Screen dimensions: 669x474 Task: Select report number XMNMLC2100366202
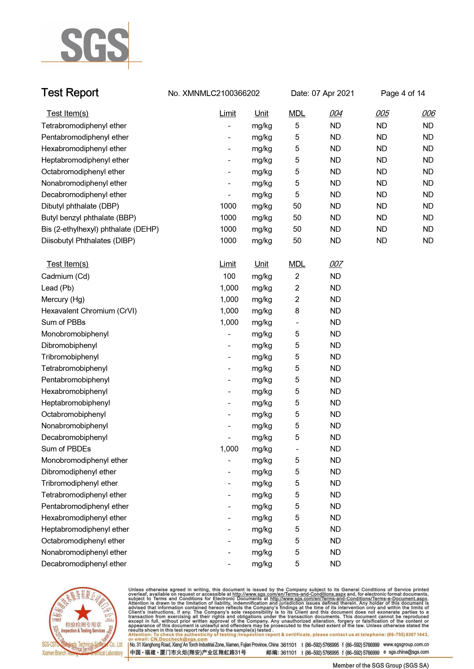coord(214,93)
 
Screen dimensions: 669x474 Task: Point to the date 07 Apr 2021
coord(333,93)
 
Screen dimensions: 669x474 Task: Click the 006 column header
coord(428,113)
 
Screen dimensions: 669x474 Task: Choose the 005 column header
coord(382,113)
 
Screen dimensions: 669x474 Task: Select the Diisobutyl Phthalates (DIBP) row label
coord(88,240)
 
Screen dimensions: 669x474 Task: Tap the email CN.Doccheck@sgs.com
coord(179,639)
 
